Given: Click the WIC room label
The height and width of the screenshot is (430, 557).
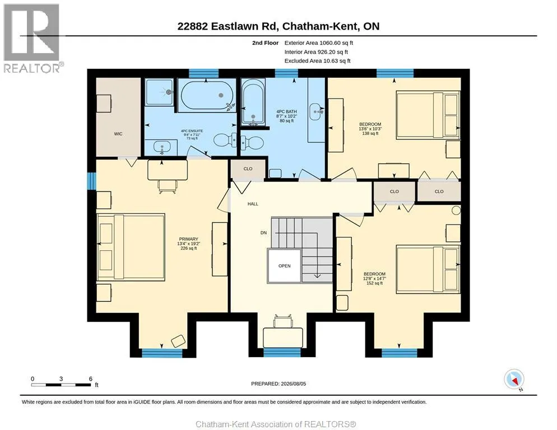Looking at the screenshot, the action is click(x=118, y=134).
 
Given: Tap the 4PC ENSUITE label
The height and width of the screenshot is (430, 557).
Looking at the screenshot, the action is click(x=192, y=131).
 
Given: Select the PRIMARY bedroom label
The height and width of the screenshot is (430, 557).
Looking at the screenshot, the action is click(x=189, y=239).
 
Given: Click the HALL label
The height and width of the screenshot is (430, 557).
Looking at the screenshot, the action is click(x=253, y=204).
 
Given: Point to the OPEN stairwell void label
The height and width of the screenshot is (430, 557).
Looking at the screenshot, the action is click(x=285, y=265).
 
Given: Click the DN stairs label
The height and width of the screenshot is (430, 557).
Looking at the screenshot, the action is click(x=263, y=233).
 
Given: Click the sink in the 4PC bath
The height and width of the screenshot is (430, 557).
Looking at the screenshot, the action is click(x=317, y=112).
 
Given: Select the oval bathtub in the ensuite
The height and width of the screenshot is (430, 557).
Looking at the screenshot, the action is click(x=207, y=95).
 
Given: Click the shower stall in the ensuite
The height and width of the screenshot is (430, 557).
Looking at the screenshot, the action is click(x=160, y=92).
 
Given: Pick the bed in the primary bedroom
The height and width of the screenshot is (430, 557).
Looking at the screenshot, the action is click(x=131, y=247).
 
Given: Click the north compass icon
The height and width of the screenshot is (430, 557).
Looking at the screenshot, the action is click(x=514, y=380).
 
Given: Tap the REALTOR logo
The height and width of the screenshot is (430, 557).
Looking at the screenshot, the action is click(x=32, y=38).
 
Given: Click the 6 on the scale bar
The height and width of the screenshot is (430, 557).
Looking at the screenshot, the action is click(x=91, y=379).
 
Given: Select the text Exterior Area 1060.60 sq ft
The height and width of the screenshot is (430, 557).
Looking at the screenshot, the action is click(x=319, y=43).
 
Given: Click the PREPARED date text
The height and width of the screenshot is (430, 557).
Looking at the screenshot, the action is click(x=278, y=384).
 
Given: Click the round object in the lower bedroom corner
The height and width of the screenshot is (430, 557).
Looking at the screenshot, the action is click(x=456, y=210).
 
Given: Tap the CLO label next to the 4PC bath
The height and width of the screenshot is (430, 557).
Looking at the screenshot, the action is click(x=248, y=169).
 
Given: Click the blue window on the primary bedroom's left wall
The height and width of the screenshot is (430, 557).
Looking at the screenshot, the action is click(x=92, y=181).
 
